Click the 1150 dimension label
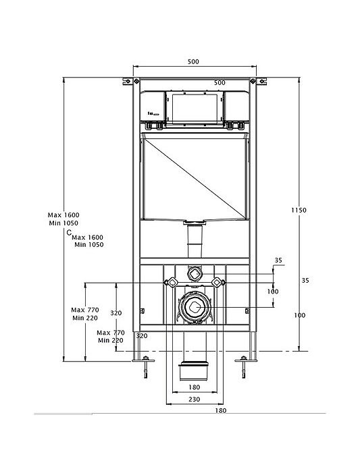coord(299,210)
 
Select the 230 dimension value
coord(194,399)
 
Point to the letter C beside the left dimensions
coord(69,232)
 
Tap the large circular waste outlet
coord(194,306)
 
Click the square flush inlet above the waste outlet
coord(195,273)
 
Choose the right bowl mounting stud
coord(217,282)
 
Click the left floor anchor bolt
coord(146,366)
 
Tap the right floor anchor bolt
coord(244,366)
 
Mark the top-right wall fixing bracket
coord(258,81)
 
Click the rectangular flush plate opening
coord(195,109)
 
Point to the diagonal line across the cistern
coord(195,178)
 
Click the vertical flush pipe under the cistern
coord(195,241)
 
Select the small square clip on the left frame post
coord(143,311)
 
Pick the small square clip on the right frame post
coord(247,311)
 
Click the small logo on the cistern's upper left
coord(153,114)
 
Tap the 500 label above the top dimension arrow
coord(193,61)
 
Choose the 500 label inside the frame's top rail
coord(220,82)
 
